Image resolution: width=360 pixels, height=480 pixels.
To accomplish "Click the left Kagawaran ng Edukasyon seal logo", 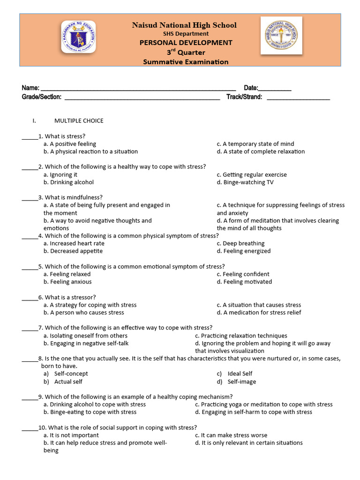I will pos(78,37).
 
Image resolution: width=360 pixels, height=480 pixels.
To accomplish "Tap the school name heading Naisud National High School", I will pos(184,25).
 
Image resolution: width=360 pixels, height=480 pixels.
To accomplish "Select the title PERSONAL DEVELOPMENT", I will pos(186,43).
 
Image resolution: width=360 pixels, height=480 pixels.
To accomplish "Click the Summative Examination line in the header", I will pos(186,62).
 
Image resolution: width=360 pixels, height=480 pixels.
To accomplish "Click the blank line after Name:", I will pos(138,89).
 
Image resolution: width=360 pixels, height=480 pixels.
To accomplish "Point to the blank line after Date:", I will pos(275,89).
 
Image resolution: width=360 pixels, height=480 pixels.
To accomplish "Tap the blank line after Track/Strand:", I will pos(298,98).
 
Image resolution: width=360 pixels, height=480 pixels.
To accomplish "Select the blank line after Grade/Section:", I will pos(142,98).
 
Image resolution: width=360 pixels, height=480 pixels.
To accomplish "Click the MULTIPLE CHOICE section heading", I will pos(79,121).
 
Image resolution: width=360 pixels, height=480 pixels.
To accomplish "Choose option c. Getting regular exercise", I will pos(252,175).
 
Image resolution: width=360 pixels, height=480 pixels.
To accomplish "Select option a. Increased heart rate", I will pos(74,244).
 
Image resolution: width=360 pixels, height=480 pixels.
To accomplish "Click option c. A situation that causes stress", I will pos(259,305).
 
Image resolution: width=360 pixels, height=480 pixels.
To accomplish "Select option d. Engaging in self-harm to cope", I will pos(254,412).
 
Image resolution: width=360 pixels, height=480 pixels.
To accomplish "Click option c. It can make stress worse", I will pos(231,435).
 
